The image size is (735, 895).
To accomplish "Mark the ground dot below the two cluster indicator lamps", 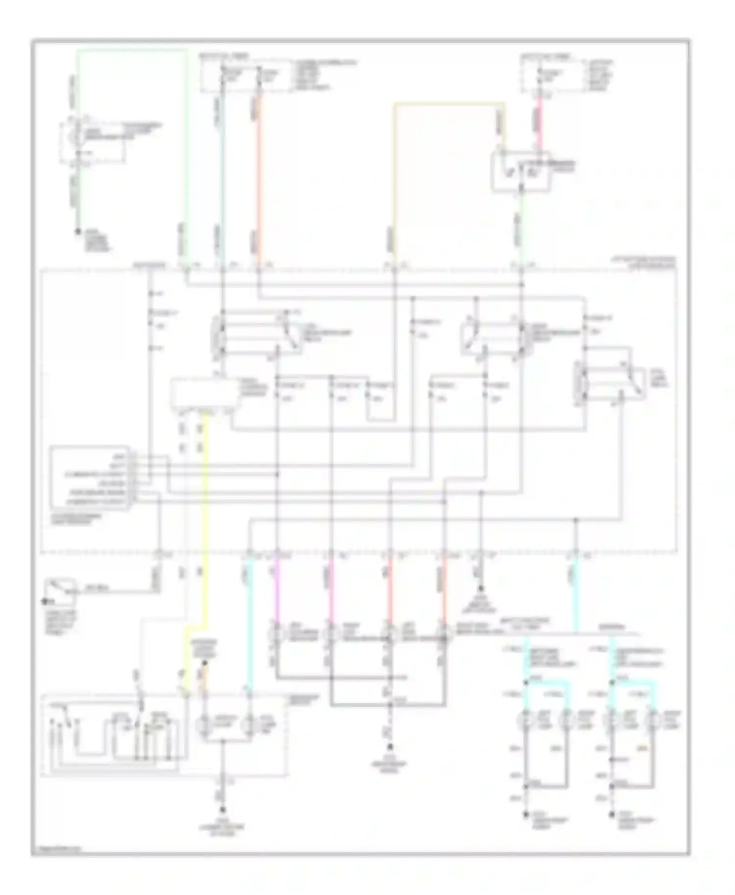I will pyautogui.click(x=223, y=810).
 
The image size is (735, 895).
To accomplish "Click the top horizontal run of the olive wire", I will pyautogui.click(x=448, y=104).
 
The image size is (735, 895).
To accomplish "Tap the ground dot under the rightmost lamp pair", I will pyautogui.click(x=612, y=815).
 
